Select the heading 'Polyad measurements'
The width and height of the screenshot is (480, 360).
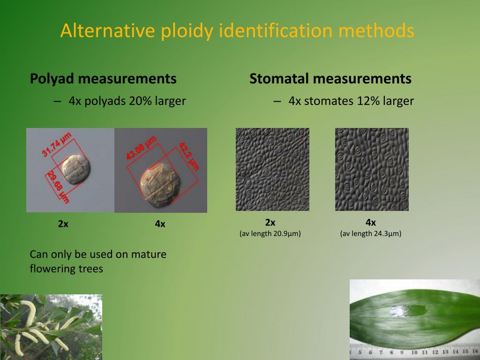tap(103, 79)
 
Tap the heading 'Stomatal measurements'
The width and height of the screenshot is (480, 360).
tap(330, 79)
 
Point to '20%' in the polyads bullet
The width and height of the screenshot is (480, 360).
tap(139, 101)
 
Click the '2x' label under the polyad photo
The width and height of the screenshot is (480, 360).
tap(63, 224)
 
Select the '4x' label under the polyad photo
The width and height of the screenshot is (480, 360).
tap(160, 224)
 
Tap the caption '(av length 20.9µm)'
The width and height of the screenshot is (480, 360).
tap(270, 233)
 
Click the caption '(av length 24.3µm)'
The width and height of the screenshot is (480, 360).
tap(371, 233)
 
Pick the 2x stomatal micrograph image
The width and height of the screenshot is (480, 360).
tap(272, 169)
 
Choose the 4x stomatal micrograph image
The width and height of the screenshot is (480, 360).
tap(372, 169)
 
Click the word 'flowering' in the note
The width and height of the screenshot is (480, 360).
tap(52, 269)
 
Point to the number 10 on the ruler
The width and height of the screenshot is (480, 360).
tap(414, 352)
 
